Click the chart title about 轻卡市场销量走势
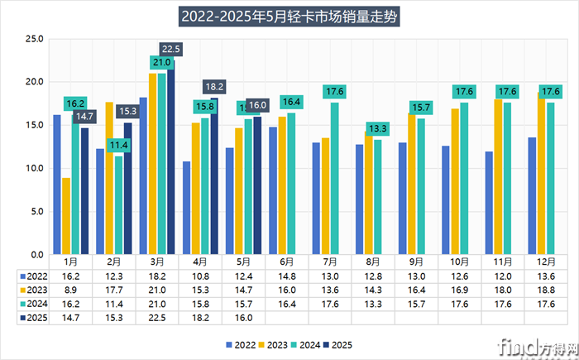click(x=289, y=16)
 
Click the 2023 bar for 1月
click(x=66, y=216)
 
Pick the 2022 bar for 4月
click(x=187, y=208)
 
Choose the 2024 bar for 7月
click(x=334, y=178)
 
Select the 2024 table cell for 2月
click(x=114, y=302)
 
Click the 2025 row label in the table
click(x=31, y=315)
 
